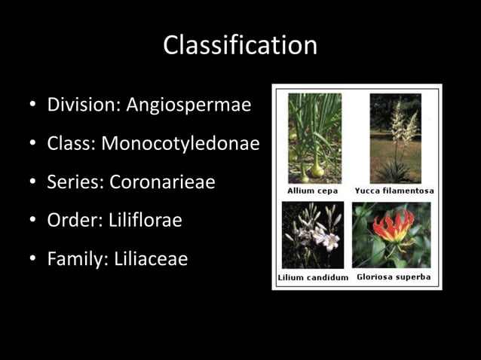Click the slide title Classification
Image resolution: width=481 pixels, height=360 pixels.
[x=240, y=45]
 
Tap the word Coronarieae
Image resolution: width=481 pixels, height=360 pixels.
[x=162, y=182]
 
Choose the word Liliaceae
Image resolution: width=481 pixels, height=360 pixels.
[x=151, y=259]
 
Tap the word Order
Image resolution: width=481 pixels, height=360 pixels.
[x=72, y=221]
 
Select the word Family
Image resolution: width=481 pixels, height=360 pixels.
[x=77, y=259]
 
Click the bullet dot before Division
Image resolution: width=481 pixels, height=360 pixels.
[x=33, y=105]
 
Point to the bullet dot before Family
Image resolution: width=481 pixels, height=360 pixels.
[x=33, y=260]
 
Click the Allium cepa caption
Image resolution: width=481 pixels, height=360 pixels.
[x=312, y=191]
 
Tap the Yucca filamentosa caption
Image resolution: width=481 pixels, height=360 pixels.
[x=394, y=191]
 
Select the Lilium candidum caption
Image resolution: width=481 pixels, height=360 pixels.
[x=313, y=277]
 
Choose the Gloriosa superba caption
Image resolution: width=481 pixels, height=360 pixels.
[x=394, y=277]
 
